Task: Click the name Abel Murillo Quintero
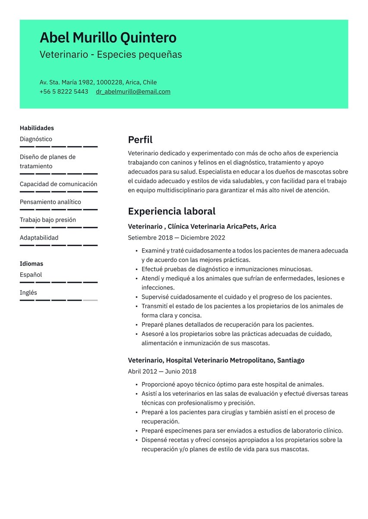(x=108, y=38)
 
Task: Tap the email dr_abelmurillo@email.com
(x=133, y=91)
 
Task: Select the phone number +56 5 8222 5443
(x=63, y=91)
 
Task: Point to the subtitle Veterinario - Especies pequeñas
(x=111, y=55)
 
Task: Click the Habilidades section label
(x=37, y=128)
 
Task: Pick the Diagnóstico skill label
(x=36, y=139)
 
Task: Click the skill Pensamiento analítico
(x=50, y=202)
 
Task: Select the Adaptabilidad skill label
(x=39, y=238)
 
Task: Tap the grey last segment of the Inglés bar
(x=90, y=300)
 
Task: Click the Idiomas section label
(x=32, y=263)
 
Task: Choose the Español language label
(x=31, y=275)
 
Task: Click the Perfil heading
(x=140, y=140)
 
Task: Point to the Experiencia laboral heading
(x=171, y=211)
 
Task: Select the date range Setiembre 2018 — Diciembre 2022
(x=176, y=238)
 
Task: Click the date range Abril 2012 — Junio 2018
(x=162, y=371)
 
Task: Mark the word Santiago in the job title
(x=290, y=360)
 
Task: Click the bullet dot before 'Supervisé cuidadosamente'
(x=136, y=297)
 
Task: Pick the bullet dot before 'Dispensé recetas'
(x=136, y=440)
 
